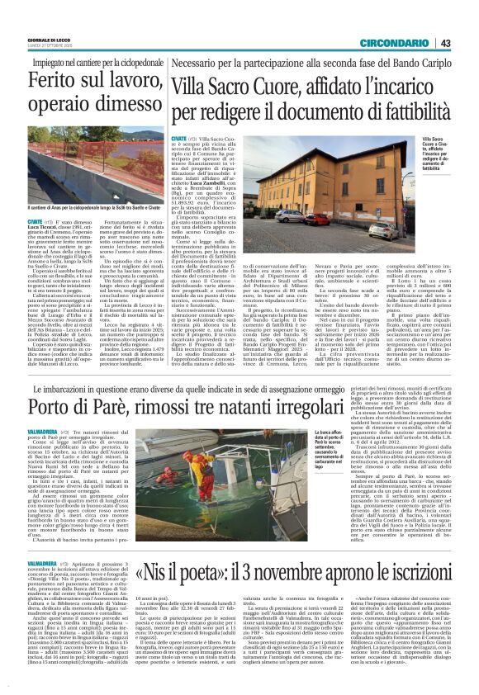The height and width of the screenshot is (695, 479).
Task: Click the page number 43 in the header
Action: click(x=445, y=43)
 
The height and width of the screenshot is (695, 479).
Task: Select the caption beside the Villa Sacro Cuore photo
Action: click(x=438, y=154)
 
